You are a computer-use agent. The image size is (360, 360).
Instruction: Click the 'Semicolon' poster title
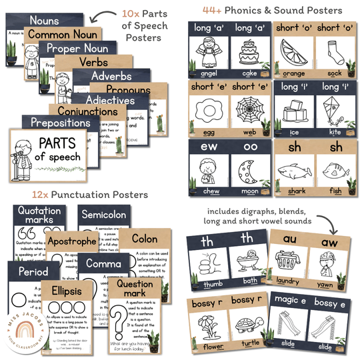click(x=103, y=215)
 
